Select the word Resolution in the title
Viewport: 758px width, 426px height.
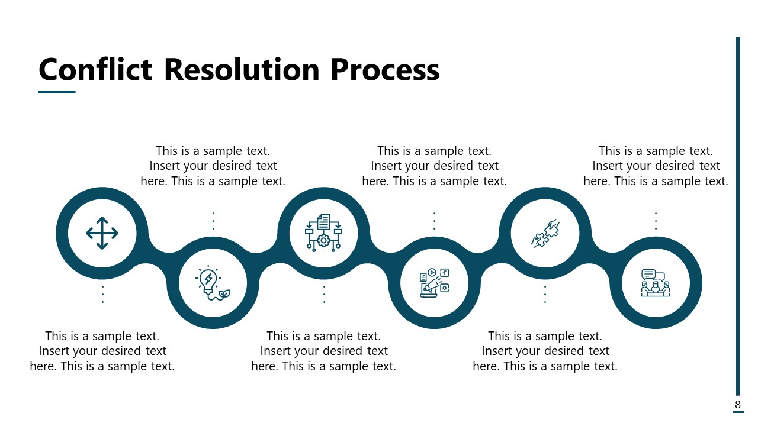(x=242, y=70)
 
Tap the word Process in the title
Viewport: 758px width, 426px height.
(x=385, y=70)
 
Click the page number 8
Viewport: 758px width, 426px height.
(x=738, y=405)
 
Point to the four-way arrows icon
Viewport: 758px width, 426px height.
(x=102, y=233)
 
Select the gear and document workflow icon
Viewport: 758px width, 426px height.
(x=323, y=233)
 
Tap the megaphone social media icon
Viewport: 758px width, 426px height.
(x=434, y=283)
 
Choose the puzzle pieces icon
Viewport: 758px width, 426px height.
(x=545, y=233)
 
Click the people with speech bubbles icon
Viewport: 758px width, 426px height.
(x=656, y=283)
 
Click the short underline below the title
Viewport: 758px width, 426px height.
(x=57, y=92)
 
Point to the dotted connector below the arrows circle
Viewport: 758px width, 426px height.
(x=102, y=294)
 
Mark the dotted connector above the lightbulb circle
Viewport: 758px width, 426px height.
(x=213, y=221)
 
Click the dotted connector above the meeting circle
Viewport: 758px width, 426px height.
(x=656, y=221)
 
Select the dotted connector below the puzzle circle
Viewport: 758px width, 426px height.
(x=545, y=294)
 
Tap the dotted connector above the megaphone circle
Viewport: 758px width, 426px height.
(x=434, y=221)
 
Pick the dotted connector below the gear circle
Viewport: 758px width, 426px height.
(x=324, y=294)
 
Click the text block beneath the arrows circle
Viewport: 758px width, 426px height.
(x=102, y=351)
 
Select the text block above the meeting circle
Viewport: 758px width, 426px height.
(x=656, y=166)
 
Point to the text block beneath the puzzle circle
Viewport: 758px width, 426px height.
(x=545, y=351)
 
